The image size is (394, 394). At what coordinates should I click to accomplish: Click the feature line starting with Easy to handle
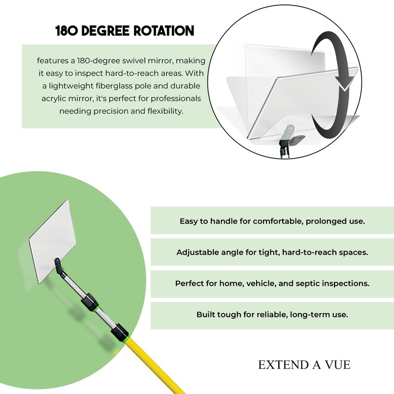pyautogui.click(x=272, y=221)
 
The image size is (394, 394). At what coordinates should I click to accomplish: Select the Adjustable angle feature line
pyautogui.click(x=272, y=252)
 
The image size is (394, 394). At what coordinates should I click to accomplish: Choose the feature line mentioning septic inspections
pyautogui.click(x=272, y=284)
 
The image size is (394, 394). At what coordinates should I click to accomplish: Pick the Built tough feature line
pyautogui.click(x=272, y=314)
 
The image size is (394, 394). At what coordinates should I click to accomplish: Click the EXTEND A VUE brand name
pyautogui.click(x=304, y=365)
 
